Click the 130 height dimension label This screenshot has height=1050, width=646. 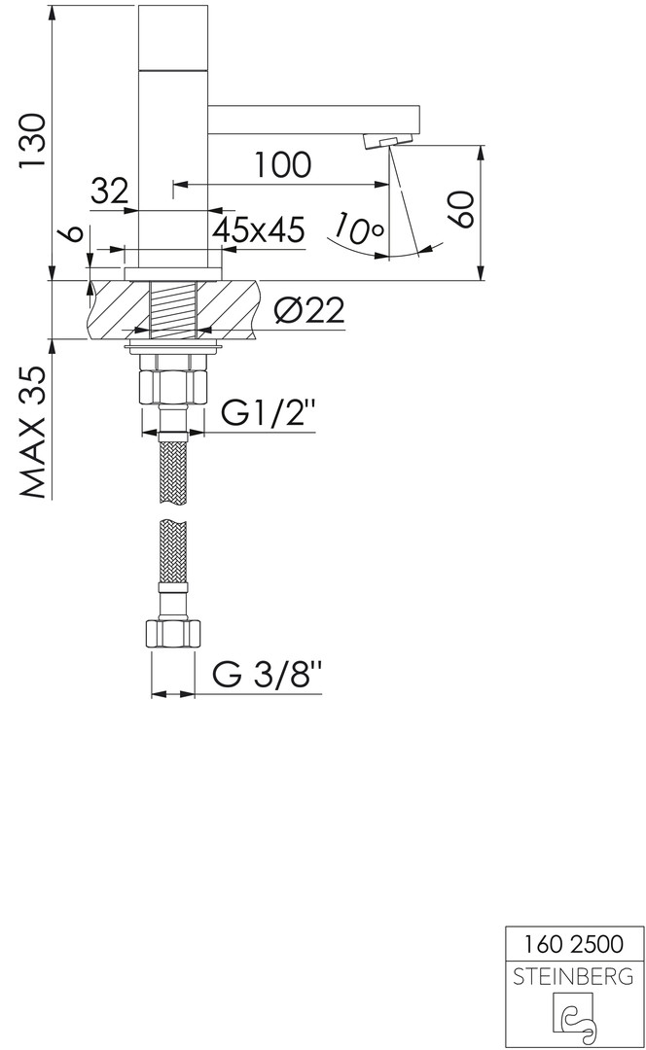coord(31,141)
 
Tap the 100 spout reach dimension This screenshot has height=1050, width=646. coord(281,164)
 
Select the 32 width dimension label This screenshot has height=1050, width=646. coord(109,192)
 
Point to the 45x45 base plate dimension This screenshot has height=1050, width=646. coord(259,229)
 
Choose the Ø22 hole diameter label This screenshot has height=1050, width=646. coord(309,310)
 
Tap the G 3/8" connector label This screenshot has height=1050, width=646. coord(267,675)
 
